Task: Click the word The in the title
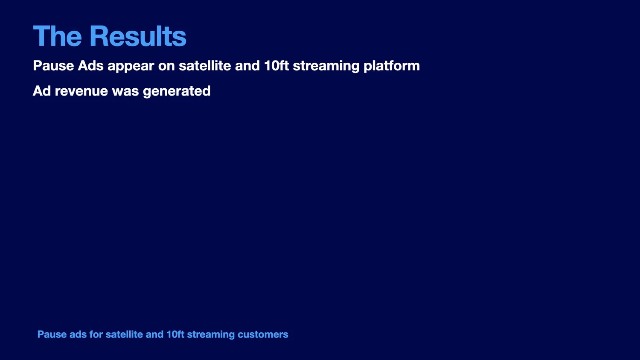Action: point(58,36)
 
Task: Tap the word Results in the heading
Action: point(138,36)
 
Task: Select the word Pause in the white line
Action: point(53,66)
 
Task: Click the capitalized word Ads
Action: point(90,66)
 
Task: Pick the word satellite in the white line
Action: point(205,66)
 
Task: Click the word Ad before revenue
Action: point(42,91)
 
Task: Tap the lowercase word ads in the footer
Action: point(78,334)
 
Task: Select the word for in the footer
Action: point(96,334)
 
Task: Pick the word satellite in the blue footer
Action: point(124,334)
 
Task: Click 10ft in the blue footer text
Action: point(175,334)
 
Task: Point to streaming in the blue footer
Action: point(211,335)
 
